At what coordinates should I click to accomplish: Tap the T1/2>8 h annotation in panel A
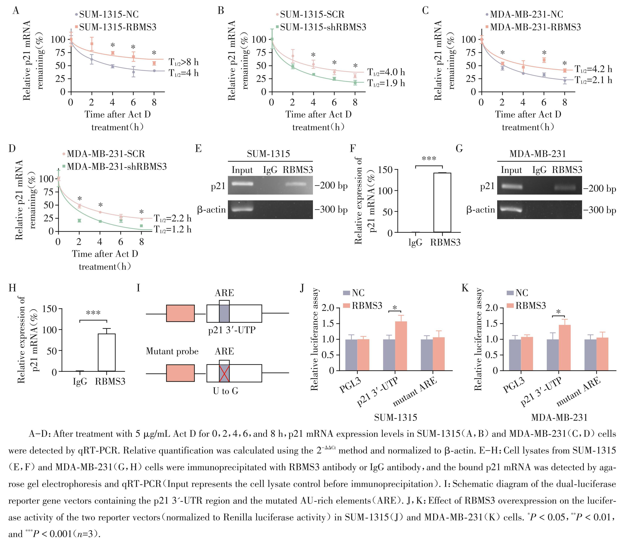click(x=184, y=62)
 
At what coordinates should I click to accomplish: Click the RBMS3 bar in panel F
click(x=442, y=202)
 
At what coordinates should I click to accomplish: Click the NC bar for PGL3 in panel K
click(x=515, y=355)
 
